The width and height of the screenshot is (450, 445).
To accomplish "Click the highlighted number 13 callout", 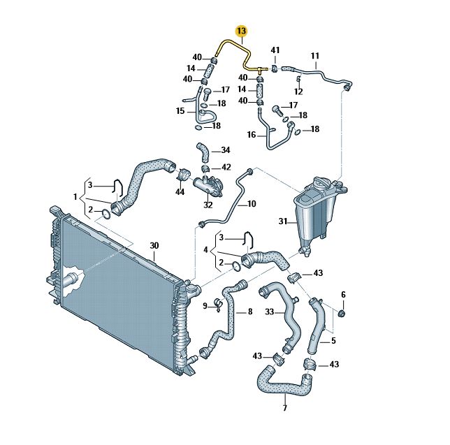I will (242, 31).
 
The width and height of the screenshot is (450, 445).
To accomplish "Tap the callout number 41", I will (275, 50).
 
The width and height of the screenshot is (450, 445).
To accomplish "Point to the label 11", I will (314, 56).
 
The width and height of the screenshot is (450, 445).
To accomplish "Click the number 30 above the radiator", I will (154, 245).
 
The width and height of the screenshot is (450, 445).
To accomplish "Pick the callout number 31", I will (283, 221).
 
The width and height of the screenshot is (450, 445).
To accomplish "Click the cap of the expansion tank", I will (324, 183).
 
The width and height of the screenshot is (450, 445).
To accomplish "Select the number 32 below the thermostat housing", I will (208, 205).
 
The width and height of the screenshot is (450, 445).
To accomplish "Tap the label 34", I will (225, 150).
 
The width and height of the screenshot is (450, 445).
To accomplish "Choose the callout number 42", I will (226, 168).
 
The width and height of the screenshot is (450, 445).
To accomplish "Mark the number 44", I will (180, 191).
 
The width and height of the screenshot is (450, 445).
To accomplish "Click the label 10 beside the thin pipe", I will (252, 205).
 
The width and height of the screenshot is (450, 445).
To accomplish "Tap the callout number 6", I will (343, 294).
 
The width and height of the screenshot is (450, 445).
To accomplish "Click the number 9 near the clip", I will (205, 307).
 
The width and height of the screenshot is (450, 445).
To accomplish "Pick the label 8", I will (249, 312).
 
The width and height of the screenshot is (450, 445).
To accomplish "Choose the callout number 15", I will (180, 110).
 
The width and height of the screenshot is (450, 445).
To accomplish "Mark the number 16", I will (252, 134).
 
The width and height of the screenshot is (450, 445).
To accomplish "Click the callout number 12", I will (298, 92).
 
